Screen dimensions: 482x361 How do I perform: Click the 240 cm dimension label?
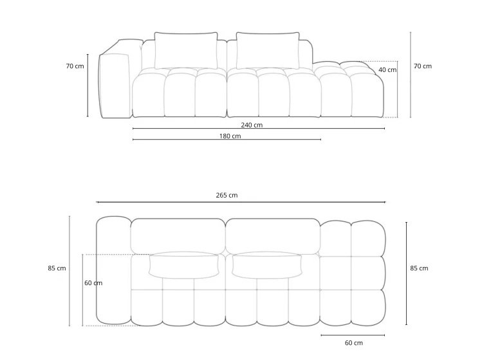[252, 125]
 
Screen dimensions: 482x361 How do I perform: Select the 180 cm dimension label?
[230, 136]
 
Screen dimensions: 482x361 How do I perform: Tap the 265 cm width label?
[227, 195]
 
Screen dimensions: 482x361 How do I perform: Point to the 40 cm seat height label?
[387, 69]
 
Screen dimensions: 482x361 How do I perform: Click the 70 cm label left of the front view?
[75, 66]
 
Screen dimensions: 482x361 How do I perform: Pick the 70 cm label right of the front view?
[423, 66]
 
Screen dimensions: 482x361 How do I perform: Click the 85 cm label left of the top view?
[57, 268]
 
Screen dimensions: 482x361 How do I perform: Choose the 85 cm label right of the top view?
[419, 268]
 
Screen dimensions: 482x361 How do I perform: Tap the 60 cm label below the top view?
[354, 343]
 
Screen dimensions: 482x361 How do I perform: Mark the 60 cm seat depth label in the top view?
[93, 283]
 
